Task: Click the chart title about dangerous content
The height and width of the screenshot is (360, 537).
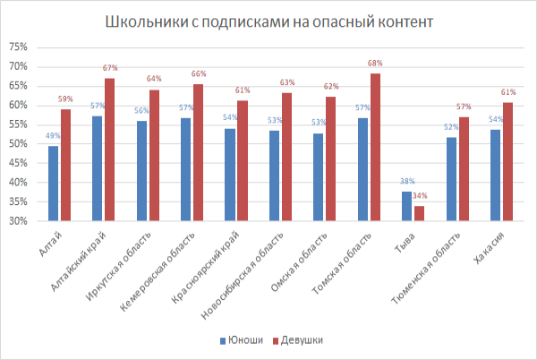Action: (x=268, y=21)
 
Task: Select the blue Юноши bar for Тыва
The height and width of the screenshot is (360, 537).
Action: (x=406, y=206)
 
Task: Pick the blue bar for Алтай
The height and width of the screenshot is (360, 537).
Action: (x=54, y=184)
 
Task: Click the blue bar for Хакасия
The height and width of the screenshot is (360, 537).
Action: (x=494, y=175)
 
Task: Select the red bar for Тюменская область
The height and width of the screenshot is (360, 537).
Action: (x=463, y=169)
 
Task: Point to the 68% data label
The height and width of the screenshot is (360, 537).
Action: (x=375, y=64)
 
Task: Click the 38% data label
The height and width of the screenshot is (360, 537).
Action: (x=406, y=182)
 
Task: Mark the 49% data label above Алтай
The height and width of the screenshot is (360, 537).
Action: (x=53, y=136)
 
